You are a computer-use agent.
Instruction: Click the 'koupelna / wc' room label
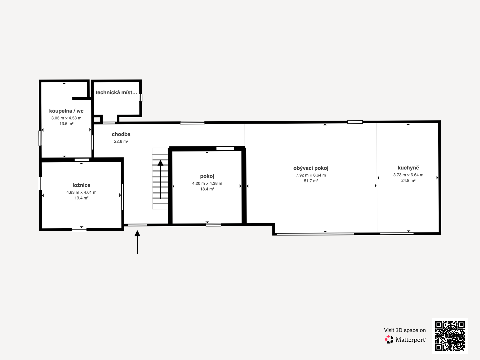click(x=66, y=111)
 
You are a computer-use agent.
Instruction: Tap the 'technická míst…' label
click(x=116, y=92)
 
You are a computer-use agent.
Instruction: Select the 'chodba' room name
click(x=121, y=134)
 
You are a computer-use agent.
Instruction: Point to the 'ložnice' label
click(x=81, y=185)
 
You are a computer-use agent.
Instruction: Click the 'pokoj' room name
click(x=207, y=176)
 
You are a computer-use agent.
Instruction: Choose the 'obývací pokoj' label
click(x=311, y=168)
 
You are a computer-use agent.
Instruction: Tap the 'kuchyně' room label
click(x=408, y=168)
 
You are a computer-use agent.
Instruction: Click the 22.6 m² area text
click(x=121, y=141)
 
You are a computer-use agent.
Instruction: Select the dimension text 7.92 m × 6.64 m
click(x=311, y=175)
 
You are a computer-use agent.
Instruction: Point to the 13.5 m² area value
click(x=66, y=124)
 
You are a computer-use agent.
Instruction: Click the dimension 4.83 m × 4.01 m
click(x=81, y=192)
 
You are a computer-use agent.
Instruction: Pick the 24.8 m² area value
click(x=408, y=181)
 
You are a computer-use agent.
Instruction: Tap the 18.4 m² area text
click(x=207, y=189)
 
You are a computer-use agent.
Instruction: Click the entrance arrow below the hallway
click(x=137, y=242)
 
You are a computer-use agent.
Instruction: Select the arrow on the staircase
click(x=160, y=179)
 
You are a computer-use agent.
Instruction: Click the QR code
click(x=450, y=336)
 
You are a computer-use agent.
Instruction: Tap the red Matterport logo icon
click(x=389, y=340)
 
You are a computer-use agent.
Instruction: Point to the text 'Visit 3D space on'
click(x=405, y=330)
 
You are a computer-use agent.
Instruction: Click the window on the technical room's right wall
click(x=141, y=98)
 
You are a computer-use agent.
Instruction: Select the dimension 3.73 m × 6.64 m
click(x=408, y=175)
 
